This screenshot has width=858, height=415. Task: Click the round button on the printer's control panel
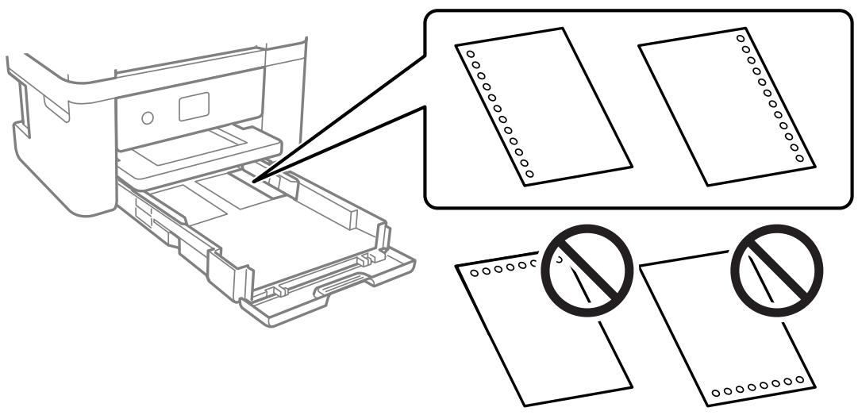click(x=146, y=118)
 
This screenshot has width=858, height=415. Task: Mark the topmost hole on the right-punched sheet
click(x=741, y=36)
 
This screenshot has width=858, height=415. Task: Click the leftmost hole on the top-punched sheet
click(x=473, y=273)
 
